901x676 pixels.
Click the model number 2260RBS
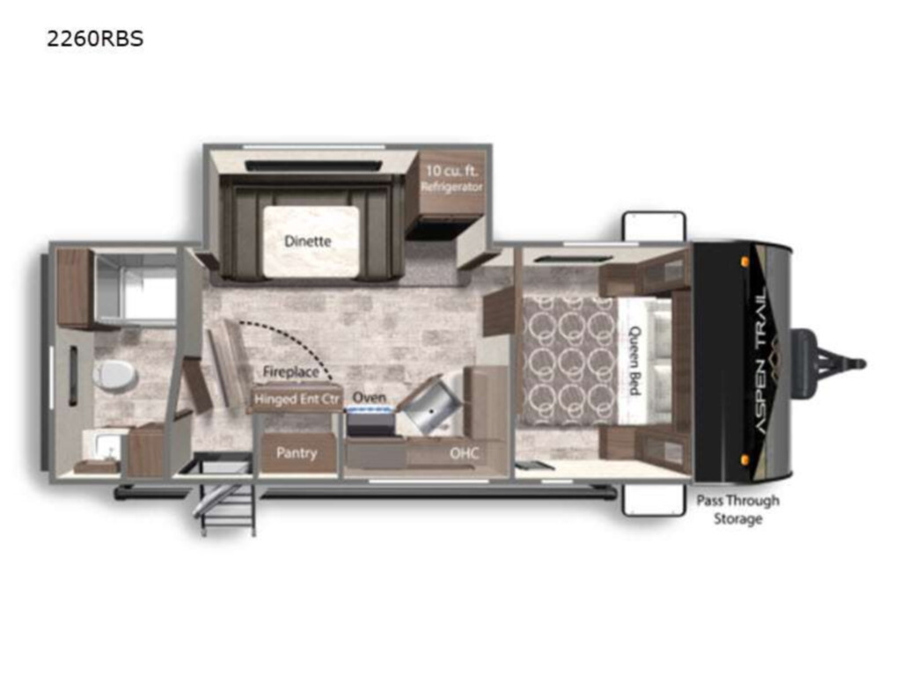(95, 39)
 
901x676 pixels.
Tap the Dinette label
(307, 241)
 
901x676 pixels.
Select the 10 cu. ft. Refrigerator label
(451, 178)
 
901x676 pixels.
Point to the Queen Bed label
(635, 360)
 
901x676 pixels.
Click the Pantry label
(297, 453)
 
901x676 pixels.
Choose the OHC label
(465, 453)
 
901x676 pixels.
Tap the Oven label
(369, 397)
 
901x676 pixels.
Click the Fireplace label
(290, 372)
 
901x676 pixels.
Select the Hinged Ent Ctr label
(297, 399)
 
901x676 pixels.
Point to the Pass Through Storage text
(738, 510)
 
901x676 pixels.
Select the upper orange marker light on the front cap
(744, 261)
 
